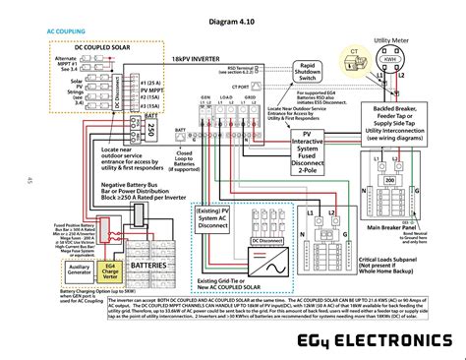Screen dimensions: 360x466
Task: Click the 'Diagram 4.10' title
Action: tap(234, 21)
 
